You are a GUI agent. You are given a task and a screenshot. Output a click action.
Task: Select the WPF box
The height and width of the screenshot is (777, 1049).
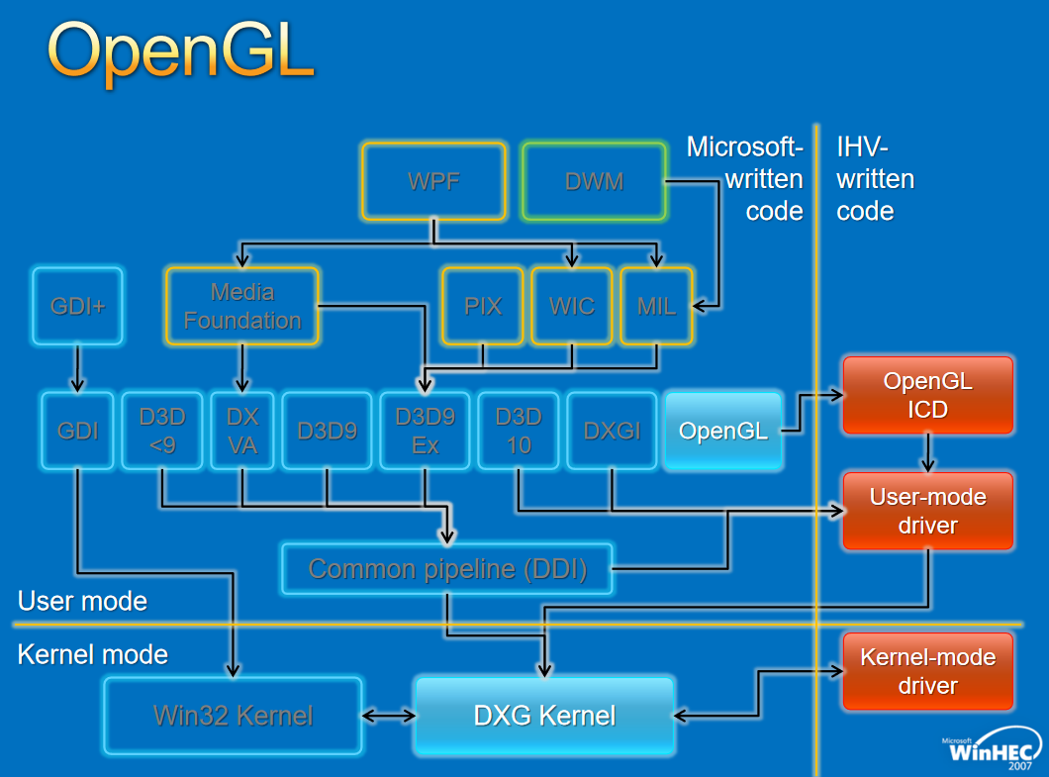point(433,181)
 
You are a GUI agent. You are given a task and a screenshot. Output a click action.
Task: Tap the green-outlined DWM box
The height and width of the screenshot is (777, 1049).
point(594,181)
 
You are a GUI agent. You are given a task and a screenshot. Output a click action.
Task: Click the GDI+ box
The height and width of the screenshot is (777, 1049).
point(77,306)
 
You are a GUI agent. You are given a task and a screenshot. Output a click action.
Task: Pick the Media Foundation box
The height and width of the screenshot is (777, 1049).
point(242,306)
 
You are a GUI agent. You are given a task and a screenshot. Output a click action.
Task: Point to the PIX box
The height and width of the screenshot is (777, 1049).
point(482,306)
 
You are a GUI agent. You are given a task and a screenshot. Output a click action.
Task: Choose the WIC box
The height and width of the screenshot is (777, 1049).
point(572,306)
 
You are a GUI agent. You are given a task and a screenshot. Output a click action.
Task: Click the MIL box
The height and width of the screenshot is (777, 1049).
point(656,306)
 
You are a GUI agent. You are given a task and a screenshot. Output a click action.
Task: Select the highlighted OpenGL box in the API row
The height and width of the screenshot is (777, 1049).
point(723,431)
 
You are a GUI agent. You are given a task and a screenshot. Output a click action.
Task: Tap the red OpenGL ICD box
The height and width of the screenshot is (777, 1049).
point(928,395)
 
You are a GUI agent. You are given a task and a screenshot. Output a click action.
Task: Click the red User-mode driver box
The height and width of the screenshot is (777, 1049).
point(928,511)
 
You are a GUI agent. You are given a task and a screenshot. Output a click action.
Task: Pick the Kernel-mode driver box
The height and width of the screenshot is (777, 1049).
point(928,671)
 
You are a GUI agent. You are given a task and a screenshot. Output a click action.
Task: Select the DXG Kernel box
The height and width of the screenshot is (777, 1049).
point(544,716)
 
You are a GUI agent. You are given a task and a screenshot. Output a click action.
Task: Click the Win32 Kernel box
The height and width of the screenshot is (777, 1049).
point(233,716)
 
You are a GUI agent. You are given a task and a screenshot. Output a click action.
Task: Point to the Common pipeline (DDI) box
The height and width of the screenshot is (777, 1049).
point(447,569)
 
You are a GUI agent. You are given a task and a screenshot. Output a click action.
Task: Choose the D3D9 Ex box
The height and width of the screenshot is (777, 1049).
point(425,431)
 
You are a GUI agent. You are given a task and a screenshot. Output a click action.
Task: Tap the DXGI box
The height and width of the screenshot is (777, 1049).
point(613,431)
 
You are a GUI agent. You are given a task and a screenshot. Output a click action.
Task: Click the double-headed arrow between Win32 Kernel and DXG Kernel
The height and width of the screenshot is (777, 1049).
point(389,716)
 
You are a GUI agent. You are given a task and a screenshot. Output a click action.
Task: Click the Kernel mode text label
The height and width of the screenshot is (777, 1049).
point(93,654)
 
